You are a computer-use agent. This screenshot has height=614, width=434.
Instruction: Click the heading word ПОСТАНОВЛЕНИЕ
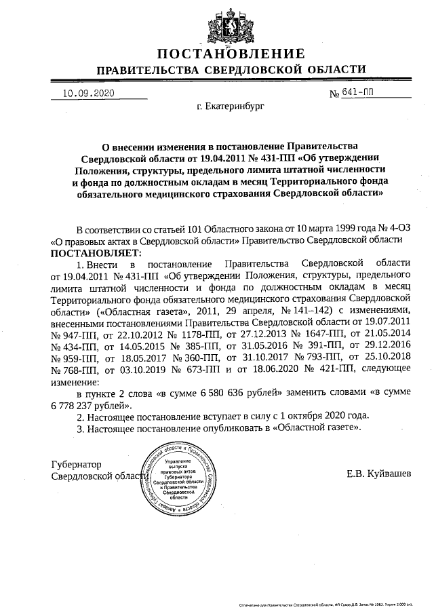(231, 54)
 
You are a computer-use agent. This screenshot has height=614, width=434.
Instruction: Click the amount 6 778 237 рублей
(89, 405)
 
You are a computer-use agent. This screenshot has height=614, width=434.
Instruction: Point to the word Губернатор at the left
(77, 465)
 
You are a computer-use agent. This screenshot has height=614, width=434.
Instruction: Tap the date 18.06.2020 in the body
(268, 370)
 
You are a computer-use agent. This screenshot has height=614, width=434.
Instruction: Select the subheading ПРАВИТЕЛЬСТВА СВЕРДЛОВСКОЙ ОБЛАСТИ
(231, 70)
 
